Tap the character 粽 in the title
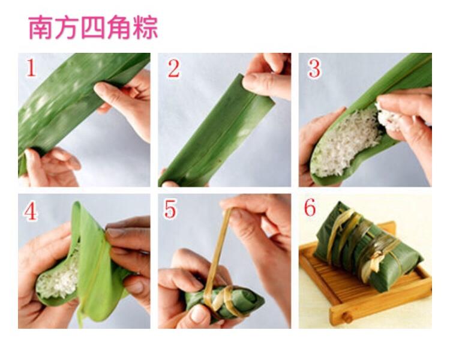click(x=145, y=28)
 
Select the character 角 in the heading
click(x=119, y=28)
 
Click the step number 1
click(x=31, y=68)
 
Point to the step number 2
click(x=174, y=69)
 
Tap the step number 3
click(x=314, y=69)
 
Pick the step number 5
click(x=170, y=209)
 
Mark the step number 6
click(x=310, y=207)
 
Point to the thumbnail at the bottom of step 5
click(x=199, y=313)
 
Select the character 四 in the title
click(x=93, y=28)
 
